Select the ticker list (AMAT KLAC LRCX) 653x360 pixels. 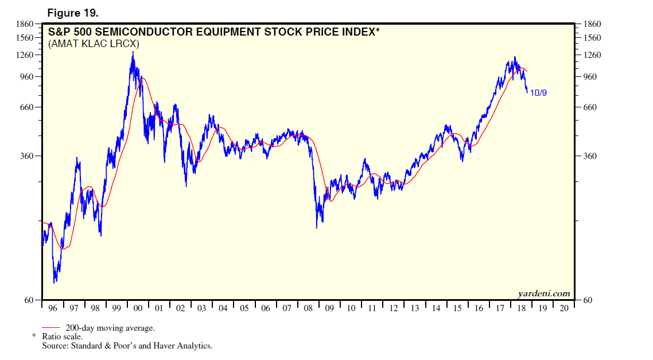click(x=95, y=44)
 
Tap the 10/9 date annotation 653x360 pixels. click(x=538, y=92)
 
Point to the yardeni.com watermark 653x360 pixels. click(x=543, y=293)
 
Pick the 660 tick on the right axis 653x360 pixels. click(x=591, y=107)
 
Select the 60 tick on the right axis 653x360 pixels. click(x=589, y=300)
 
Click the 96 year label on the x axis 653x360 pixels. click(x=53, y=308)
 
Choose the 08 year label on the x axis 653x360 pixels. click(x=308, y=308)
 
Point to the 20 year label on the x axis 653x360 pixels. click(x=563, y=308)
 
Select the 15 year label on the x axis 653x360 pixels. click(x=457, y=308)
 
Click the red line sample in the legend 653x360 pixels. click(x=53, y=328)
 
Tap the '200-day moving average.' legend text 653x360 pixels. click(x=110, y=328)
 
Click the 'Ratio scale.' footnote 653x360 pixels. click(x=62, y=337)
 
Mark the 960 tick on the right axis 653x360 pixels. click(x=591, y=77)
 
